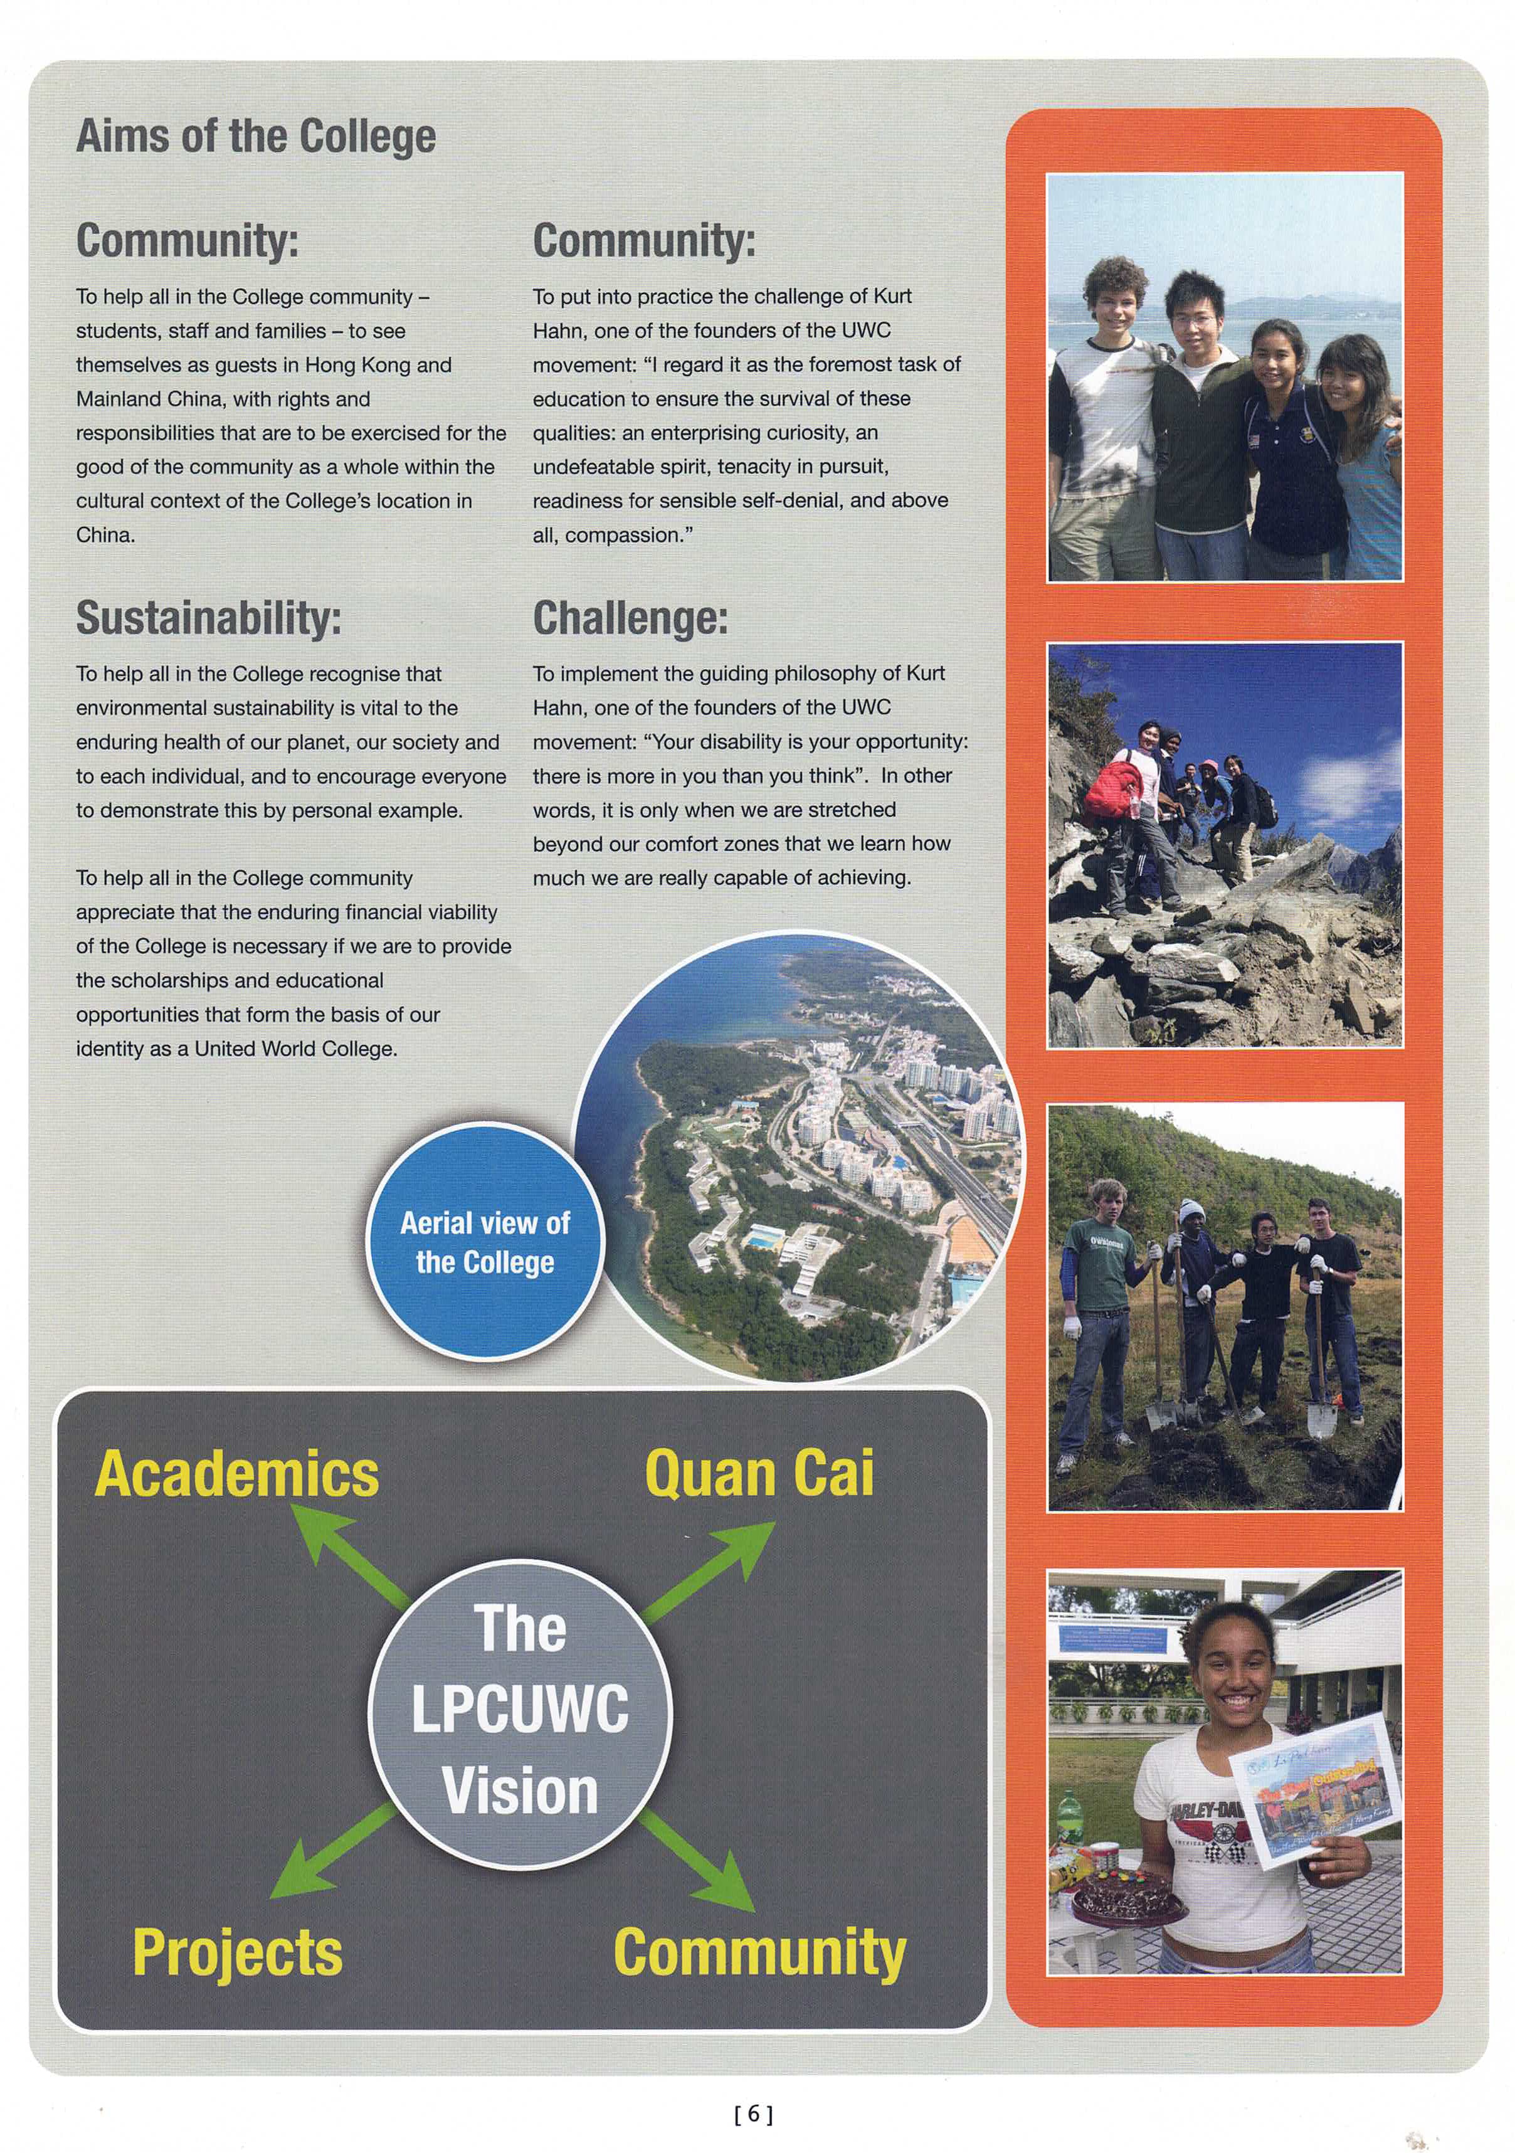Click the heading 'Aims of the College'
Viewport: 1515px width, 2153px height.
(x=256, y=137)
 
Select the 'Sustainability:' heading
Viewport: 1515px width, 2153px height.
(x=208, y=618)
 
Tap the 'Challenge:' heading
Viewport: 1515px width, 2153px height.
(x=630, y=618)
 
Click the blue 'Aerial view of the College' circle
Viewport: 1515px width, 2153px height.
(x=485, y=1242)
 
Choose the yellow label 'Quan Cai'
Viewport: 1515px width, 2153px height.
(x=758, y=1473)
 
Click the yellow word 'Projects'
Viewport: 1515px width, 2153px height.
(x=237, y=1952)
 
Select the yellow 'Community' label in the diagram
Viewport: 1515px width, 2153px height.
(x=759, y=1952)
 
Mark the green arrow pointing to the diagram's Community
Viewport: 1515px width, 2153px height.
(x=703, y=1859)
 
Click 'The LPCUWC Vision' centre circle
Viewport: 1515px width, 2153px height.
(x=520, y=1708)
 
